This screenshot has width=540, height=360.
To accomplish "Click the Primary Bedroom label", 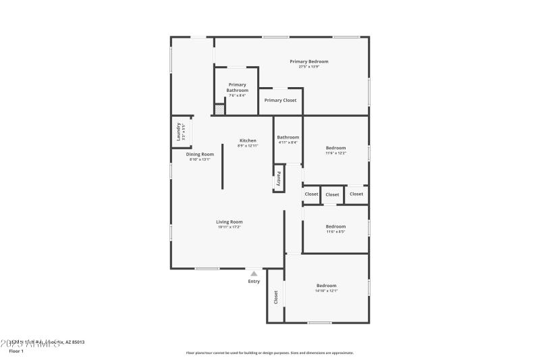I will tap(309, 61).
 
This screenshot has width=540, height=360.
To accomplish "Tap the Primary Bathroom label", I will tap(237, 88).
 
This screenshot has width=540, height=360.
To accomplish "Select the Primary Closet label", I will tap(280, 101).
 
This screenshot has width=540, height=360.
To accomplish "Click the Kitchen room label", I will tap(248, 140).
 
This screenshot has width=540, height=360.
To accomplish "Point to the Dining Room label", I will tap(199, 154).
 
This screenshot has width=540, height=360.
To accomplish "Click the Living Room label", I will tap(230, 222).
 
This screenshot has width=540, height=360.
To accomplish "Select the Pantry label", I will tap(278, 178).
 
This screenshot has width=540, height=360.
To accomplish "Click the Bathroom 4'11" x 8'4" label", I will tap(288, 137).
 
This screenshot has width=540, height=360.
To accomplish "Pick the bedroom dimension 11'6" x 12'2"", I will tap(335, 153).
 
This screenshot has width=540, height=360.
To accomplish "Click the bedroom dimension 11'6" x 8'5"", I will tap(335, 232).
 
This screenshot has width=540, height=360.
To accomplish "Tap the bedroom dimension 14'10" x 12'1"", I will tap(326, 291).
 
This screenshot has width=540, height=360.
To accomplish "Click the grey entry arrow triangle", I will tap(254, 274).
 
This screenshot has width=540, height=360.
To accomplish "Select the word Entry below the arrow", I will tap(254, 282).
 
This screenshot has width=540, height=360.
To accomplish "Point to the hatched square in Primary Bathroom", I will tap(219, 109).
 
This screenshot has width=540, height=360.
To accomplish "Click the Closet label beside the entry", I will tap(275, 297).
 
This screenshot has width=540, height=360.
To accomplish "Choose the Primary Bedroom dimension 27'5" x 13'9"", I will tap(309, 66).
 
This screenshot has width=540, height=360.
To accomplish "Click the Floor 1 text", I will tap(16, 351).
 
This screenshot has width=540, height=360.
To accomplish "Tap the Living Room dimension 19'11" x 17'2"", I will tap(230, 227).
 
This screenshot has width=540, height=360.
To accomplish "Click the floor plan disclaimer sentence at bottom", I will tap(270, 353).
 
